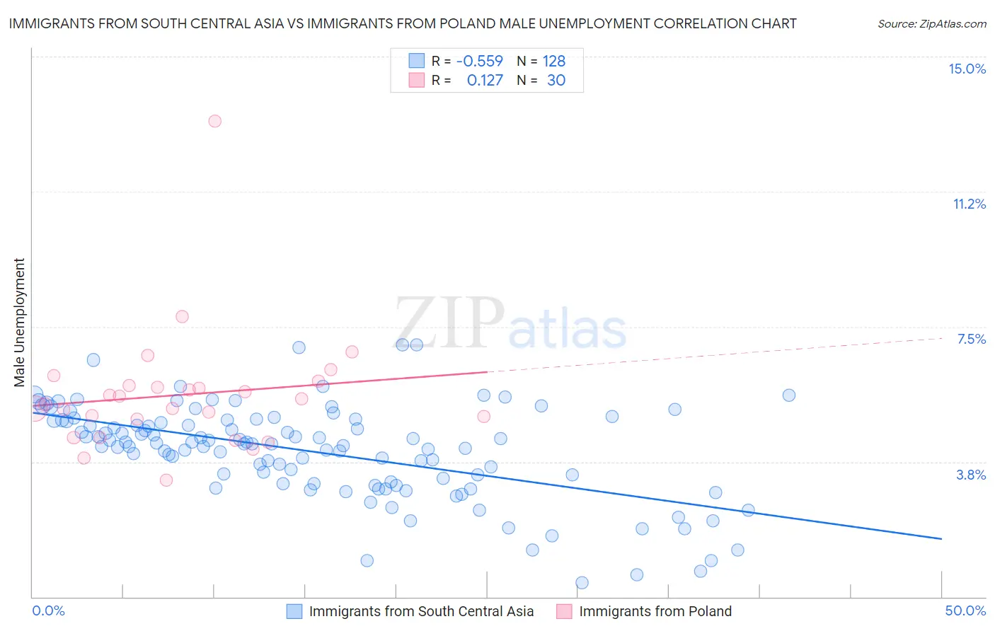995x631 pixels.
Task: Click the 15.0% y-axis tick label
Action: pyautogui.click(x=967, y=69)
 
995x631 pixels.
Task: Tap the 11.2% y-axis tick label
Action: pyautogui.click(x=969, y=204)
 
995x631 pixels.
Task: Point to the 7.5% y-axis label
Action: pyautogui.click(x=971, y=339)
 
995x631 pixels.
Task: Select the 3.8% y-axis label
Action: pyautogui.click(x=971, y=475)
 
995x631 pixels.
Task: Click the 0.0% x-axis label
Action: pyautogui.click(x=48, y=610)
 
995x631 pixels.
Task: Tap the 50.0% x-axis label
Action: pyautogui.click(x=965, y=610)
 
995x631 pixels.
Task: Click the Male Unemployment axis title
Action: pyautogui.click(x=19, y=323)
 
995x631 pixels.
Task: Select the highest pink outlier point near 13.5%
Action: pyautogui.click(x=214, y=121)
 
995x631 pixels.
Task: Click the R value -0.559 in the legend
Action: pyautogui.click(x=479, y=62)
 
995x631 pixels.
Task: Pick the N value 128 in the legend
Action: pyautogui.click(x=554, y=62)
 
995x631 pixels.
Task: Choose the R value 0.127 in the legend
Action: pyautogui.click(x=485, y=81)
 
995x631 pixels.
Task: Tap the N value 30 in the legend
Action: pyautogui.click(x=556, y=81)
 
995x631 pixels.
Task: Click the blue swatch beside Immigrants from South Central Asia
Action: pyautogui.click(x=294, y=611)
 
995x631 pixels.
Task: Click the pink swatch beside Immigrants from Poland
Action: pyautogui.click(x=564, y=611)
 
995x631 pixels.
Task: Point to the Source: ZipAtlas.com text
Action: pyautogui.click(x=931, y=23)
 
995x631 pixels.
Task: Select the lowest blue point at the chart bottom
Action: pyautogui.click(x=582, y=583)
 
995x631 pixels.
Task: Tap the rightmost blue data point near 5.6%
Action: pyautogui.click(x=789, y=395)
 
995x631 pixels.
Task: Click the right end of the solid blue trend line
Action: pyautogui.click(x=941, y=539)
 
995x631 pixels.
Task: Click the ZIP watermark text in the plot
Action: pyautogui.click(x=449, y=323)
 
